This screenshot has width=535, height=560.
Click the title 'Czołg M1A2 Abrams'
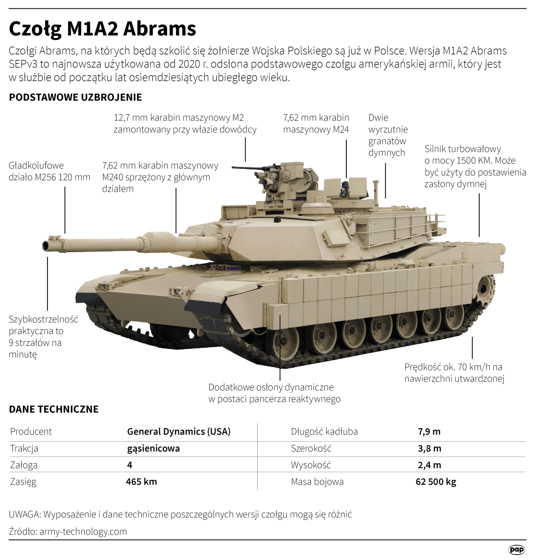pyautogui.click(x=103, y=29)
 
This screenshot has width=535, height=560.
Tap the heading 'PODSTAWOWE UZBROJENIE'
pyautogui.click(x=75, y=97)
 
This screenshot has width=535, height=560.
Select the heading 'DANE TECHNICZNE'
pyautogui.click(x=54, y=409)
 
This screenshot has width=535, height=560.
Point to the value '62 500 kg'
pyautogui.click(x=436, y=482)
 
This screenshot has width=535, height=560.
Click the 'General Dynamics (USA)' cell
pyautogui.click(x=179, y=431)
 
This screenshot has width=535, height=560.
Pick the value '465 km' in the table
pyautogui.click(x=141, y=482)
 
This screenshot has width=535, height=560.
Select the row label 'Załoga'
pyautogui.click(x=24, y=465)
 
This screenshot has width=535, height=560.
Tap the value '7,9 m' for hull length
pyautogui.click(x=429, y=431)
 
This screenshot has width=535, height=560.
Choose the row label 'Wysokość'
pyautogui.click(x=311, y=465)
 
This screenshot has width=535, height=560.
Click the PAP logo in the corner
pyautogui.click(x=517, y=549)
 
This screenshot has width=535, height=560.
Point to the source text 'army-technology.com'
pyautogui.click(x=83, y=532)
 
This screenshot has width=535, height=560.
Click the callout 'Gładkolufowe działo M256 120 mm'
pyautogui.click(x=49, y=171)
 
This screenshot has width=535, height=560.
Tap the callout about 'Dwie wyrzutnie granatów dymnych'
pyautogui.click(x=388, y=135)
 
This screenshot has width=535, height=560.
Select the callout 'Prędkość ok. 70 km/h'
pyautogui.click(x=454, y=373)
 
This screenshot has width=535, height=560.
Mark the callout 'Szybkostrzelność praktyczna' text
pyautogui.click(x=43, y=336)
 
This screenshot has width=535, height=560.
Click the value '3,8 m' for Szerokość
pyautogui.click(x=429, y=448)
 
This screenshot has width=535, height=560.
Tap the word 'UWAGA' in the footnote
pyautogui.click(x=24, y=514)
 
